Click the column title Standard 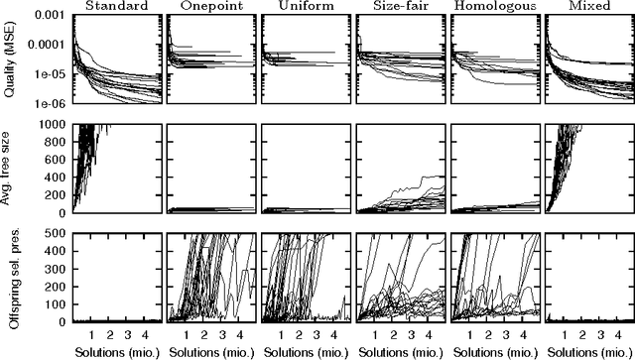pos(115,7)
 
